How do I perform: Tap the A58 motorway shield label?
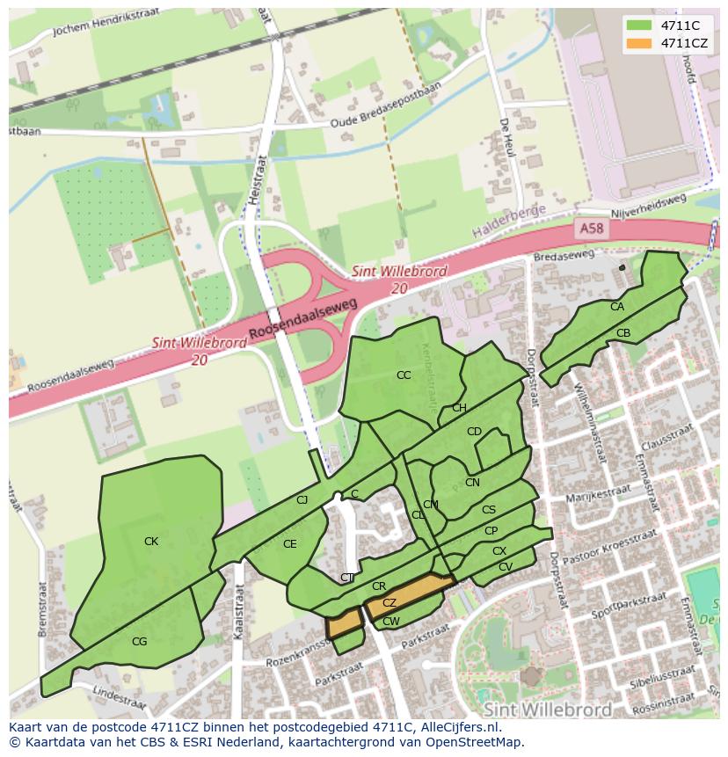coord(592,229)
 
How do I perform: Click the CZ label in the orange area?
coord(389,603)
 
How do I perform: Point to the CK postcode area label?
coord(151,542)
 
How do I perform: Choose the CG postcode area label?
coord(139,642)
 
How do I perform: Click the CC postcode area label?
coord(404,375)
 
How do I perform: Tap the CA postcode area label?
coord(617,307)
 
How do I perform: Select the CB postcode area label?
coord(623,333)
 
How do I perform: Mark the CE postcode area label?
coord(289,544)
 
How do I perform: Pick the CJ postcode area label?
coord(302,500)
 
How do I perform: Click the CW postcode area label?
coord(391,622)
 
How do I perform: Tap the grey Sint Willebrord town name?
coord(546,709)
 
